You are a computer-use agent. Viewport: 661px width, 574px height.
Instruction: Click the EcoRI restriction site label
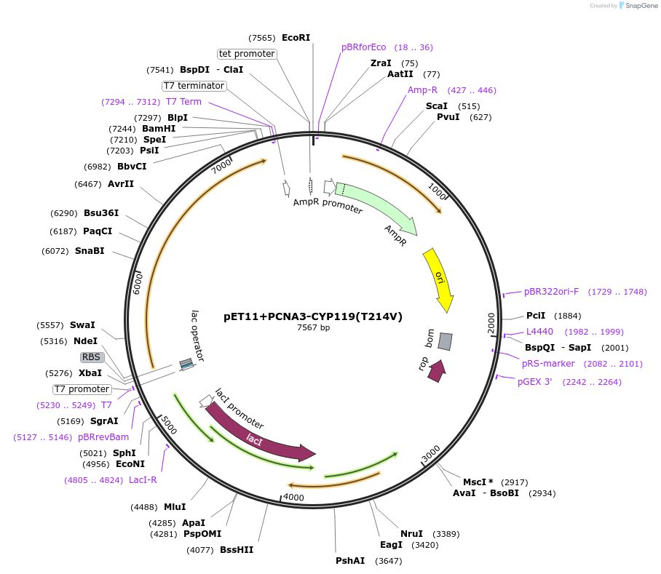(296, 37)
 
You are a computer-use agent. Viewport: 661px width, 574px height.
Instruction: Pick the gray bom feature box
(445, 340)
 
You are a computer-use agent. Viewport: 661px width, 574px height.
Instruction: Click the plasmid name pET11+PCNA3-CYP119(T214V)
(313, 316)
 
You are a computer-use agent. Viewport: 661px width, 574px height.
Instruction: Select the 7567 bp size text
(313, 328)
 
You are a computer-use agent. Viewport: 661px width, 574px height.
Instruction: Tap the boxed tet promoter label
(247, 54)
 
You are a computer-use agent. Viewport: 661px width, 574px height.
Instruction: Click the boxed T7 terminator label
(194, 86)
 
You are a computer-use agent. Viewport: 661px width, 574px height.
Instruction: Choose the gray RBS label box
(91, 357)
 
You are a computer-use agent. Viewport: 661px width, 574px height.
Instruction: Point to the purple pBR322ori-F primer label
(551, 292)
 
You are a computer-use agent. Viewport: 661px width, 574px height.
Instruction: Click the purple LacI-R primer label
(143, 480)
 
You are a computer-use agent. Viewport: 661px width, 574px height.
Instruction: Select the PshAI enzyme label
(350, 561)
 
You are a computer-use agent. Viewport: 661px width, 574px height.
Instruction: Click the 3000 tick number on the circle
(431, 453)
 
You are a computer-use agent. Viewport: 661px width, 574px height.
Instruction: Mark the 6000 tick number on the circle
(137, 282)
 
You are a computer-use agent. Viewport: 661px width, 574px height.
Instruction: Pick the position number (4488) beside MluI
(143, 507)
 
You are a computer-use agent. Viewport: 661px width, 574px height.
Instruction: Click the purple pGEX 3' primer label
(539, 382)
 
